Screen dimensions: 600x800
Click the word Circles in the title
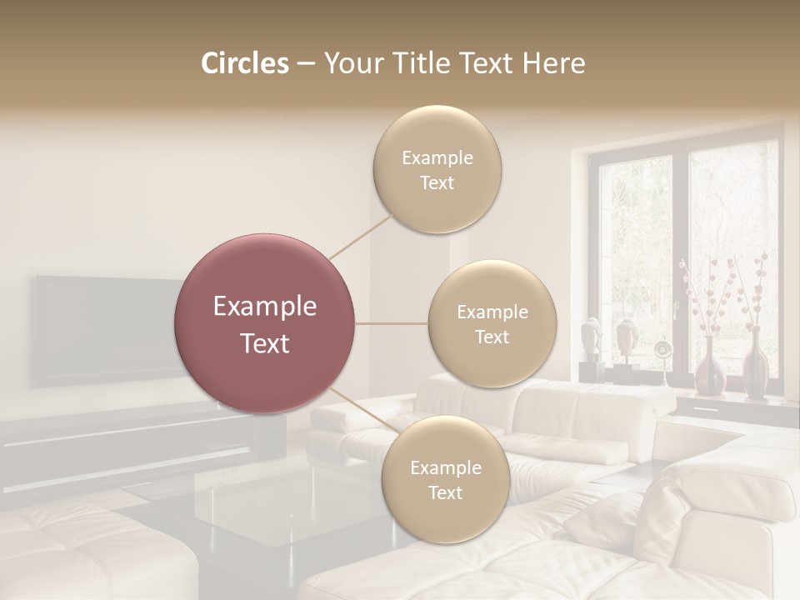pyautogui.click(x=244, y=63)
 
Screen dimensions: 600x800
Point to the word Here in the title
pyautogui.click(x=554, y=63)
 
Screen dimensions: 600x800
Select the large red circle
pyautogui.click(x=265, y=323)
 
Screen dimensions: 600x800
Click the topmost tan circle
pyautogui.click(x=437, y=169)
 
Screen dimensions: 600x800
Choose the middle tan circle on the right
pyautogui.click(x=492, y=323)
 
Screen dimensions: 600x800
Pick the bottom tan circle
pyautogui.click(x=445, y=479)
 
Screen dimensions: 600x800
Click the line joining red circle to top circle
pyautogui.click(x=361, y=235)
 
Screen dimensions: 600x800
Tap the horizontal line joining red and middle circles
pyautogui.click(x=392, y=323)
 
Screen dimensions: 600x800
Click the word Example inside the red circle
pyautogui.click(x=265, y=307)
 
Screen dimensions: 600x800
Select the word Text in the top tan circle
pyautogui.click(x=437, y=182)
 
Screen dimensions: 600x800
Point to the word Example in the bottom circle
pyautogui.click(x=445, y=467)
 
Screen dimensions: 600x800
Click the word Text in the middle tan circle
pyautogui.click(x=492, y=337)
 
